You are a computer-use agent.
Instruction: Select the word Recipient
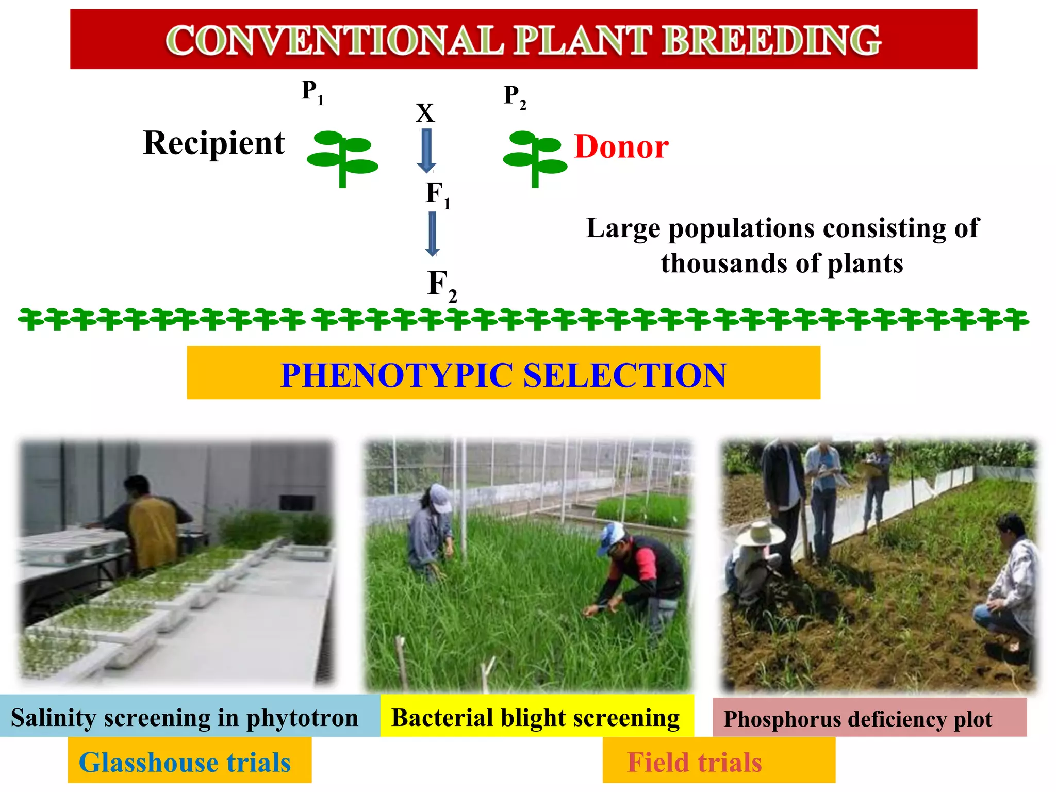[x=214, y=143]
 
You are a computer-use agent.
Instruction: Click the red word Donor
[x=621, y=147]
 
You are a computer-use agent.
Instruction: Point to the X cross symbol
[x=425, y=113]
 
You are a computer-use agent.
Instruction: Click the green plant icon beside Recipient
[x=342, y=157]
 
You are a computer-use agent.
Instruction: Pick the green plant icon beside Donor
[x=535, y=157]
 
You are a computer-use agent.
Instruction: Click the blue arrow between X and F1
[x=426, y=150]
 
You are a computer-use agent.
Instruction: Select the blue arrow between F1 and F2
[x=432, y=233]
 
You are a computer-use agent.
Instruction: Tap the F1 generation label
[x=438, y=194]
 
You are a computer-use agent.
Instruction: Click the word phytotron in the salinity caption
[x=302, y=718]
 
